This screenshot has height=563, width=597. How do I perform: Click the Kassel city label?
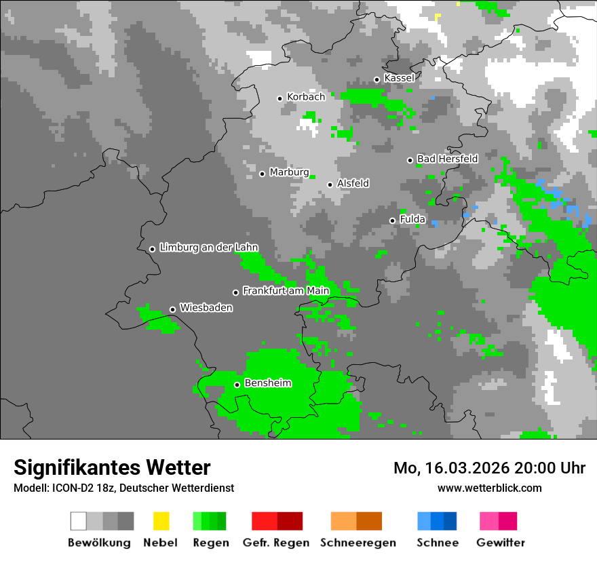click(399, 78)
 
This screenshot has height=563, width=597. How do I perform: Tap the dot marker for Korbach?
click(280, 98)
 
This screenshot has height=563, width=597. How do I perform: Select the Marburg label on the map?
click(289, 172)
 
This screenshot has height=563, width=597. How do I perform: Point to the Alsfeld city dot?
click(330, 185)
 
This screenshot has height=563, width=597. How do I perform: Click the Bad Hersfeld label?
click(447, 159)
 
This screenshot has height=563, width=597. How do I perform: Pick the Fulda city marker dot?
click(392, 220)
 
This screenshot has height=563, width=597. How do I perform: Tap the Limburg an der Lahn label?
click(208, 248)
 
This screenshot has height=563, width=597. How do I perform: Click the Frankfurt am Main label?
click(286, 291)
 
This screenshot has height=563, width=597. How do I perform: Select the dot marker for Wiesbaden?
click(172, 309)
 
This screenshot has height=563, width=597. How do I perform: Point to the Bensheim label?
click(267, 383)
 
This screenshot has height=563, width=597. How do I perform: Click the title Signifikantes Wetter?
click(112, 467)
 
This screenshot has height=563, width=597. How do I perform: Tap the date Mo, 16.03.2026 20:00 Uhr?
click(489, 468)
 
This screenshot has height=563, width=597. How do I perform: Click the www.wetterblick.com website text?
click(489, 488)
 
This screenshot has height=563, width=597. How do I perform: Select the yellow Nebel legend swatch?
click(161, 521)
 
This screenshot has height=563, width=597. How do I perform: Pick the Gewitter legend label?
click(500, 543)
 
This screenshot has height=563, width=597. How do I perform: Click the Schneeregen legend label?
click(358, 543)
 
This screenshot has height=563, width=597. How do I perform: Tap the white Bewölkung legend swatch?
click(78, 521)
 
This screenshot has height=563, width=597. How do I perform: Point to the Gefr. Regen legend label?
click(275, 543)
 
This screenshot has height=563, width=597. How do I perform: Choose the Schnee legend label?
click(437, 543)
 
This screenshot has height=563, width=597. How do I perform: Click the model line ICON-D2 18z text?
click(123, 488)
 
